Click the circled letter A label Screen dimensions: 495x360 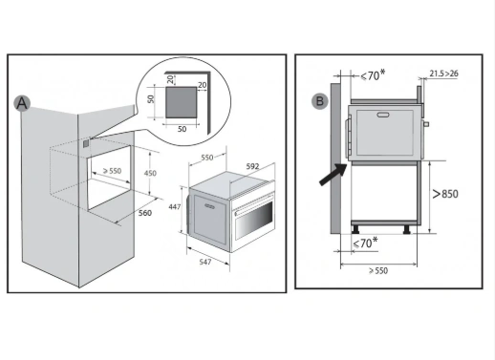pyautogui.click(x=22, y=103)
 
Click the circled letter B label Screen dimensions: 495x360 pyautogui.click(x=319, y=101)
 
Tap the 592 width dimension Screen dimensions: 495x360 pyautogui.click(x=252, y=166)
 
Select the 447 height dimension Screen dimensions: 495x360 pyautogui.click(x=175, y=207)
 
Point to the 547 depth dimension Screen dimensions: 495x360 pyautogui.click(x=205, y=262)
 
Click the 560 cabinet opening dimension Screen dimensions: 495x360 pyautogui.click(x=145, y=213)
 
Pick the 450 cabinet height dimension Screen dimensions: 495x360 pyautogui.click(x=150, y=173)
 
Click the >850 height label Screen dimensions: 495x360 pyautogui.click(x=445, y=194)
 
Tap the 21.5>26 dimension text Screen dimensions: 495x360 pyautogui.click(x=443, y=74)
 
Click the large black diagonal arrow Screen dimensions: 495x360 pyautogui.click(x=334, y=174)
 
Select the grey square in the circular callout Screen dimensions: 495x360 pyautogui.click(x=181, y=102)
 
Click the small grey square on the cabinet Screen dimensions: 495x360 pyautogui.click(x=86, y=144)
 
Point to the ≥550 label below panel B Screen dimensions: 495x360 pyautogui.click(x=378, y=271)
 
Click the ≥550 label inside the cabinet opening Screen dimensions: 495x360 pyautogui.click(x=112, y=171)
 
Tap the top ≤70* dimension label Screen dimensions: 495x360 pyautogui.click(x=373, y=75)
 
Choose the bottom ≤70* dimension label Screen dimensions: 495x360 pyautogui.click(x=365, y=243)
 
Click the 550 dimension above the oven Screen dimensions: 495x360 pyautogui.click(x=207, y=158)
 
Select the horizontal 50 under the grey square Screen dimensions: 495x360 pyautogui.click(x=182, y=129)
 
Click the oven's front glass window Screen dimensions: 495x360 pyautogui.click(x=254, y=220)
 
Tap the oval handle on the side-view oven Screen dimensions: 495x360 pyautogui.click(x=383, y=115)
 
